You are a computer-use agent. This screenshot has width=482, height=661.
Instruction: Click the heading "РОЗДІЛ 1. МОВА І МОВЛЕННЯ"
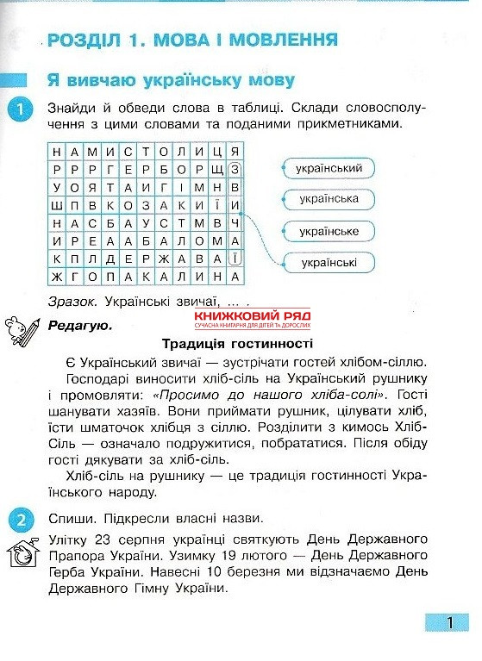click(x=193, y=40)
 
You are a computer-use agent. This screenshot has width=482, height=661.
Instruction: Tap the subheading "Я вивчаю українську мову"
click(x=171, y=80)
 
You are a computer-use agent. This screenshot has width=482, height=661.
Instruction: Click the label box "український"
click(x=328, y=167)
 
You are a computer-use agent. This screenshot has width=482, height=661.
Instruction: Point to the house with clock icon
click(x=22, y=552)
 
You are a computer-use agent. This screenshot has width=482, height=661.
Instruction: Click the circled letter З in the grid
click(x=235, y=169)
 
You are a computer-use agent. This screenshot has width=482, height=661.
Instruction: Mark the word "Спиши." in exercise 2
click(x=71, y=519)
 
